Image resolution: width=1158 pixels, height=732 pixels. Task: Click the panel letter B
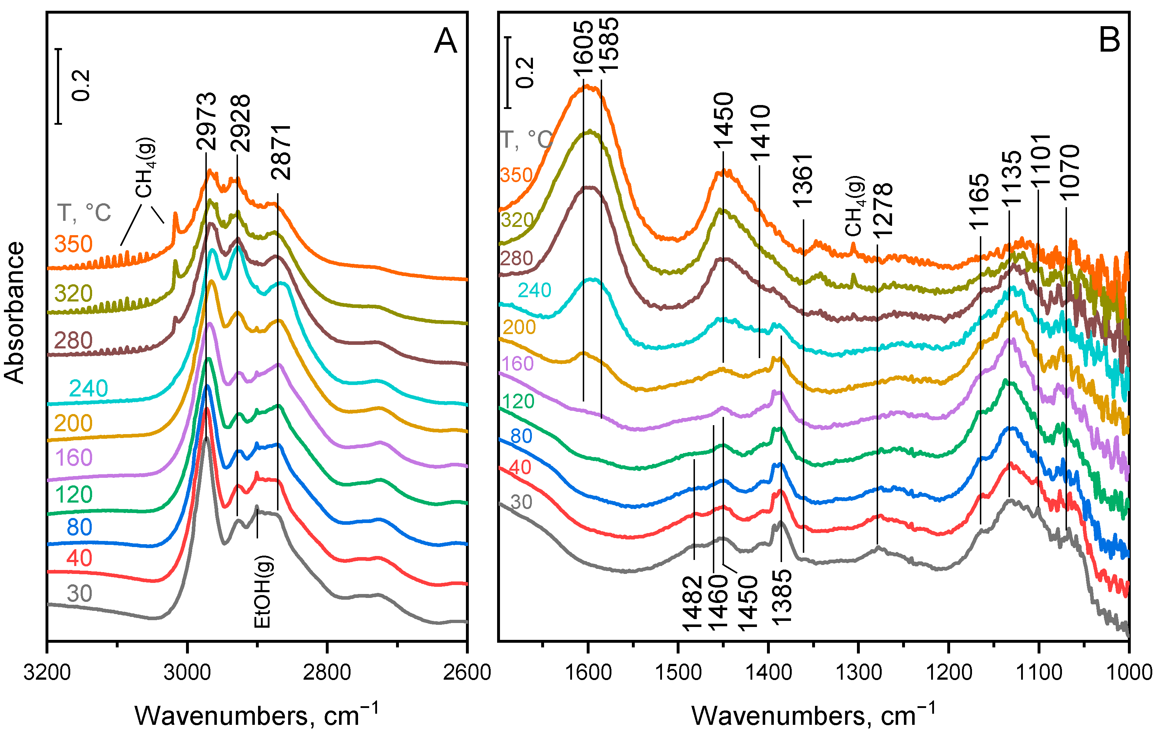(1109, 40)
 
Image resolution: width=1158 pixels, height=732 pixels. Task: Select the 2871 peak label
(281, 152)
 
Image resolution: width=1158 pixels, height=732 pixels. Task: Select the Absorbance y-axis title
(14, 313)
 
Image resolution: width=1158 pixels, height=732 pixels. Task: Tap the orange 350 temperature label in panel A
(73, 244)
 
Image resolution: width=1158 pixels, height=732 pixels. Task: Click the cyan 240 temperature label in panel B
(534, 290)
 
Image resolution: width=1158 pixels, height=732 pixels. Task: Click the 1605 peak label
(584, 48)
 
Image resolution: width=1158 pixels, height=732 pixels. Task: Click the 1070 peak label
(1070, 172)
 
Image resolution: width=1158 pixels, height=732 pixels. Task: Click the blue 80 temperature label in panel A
(79, 527)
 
